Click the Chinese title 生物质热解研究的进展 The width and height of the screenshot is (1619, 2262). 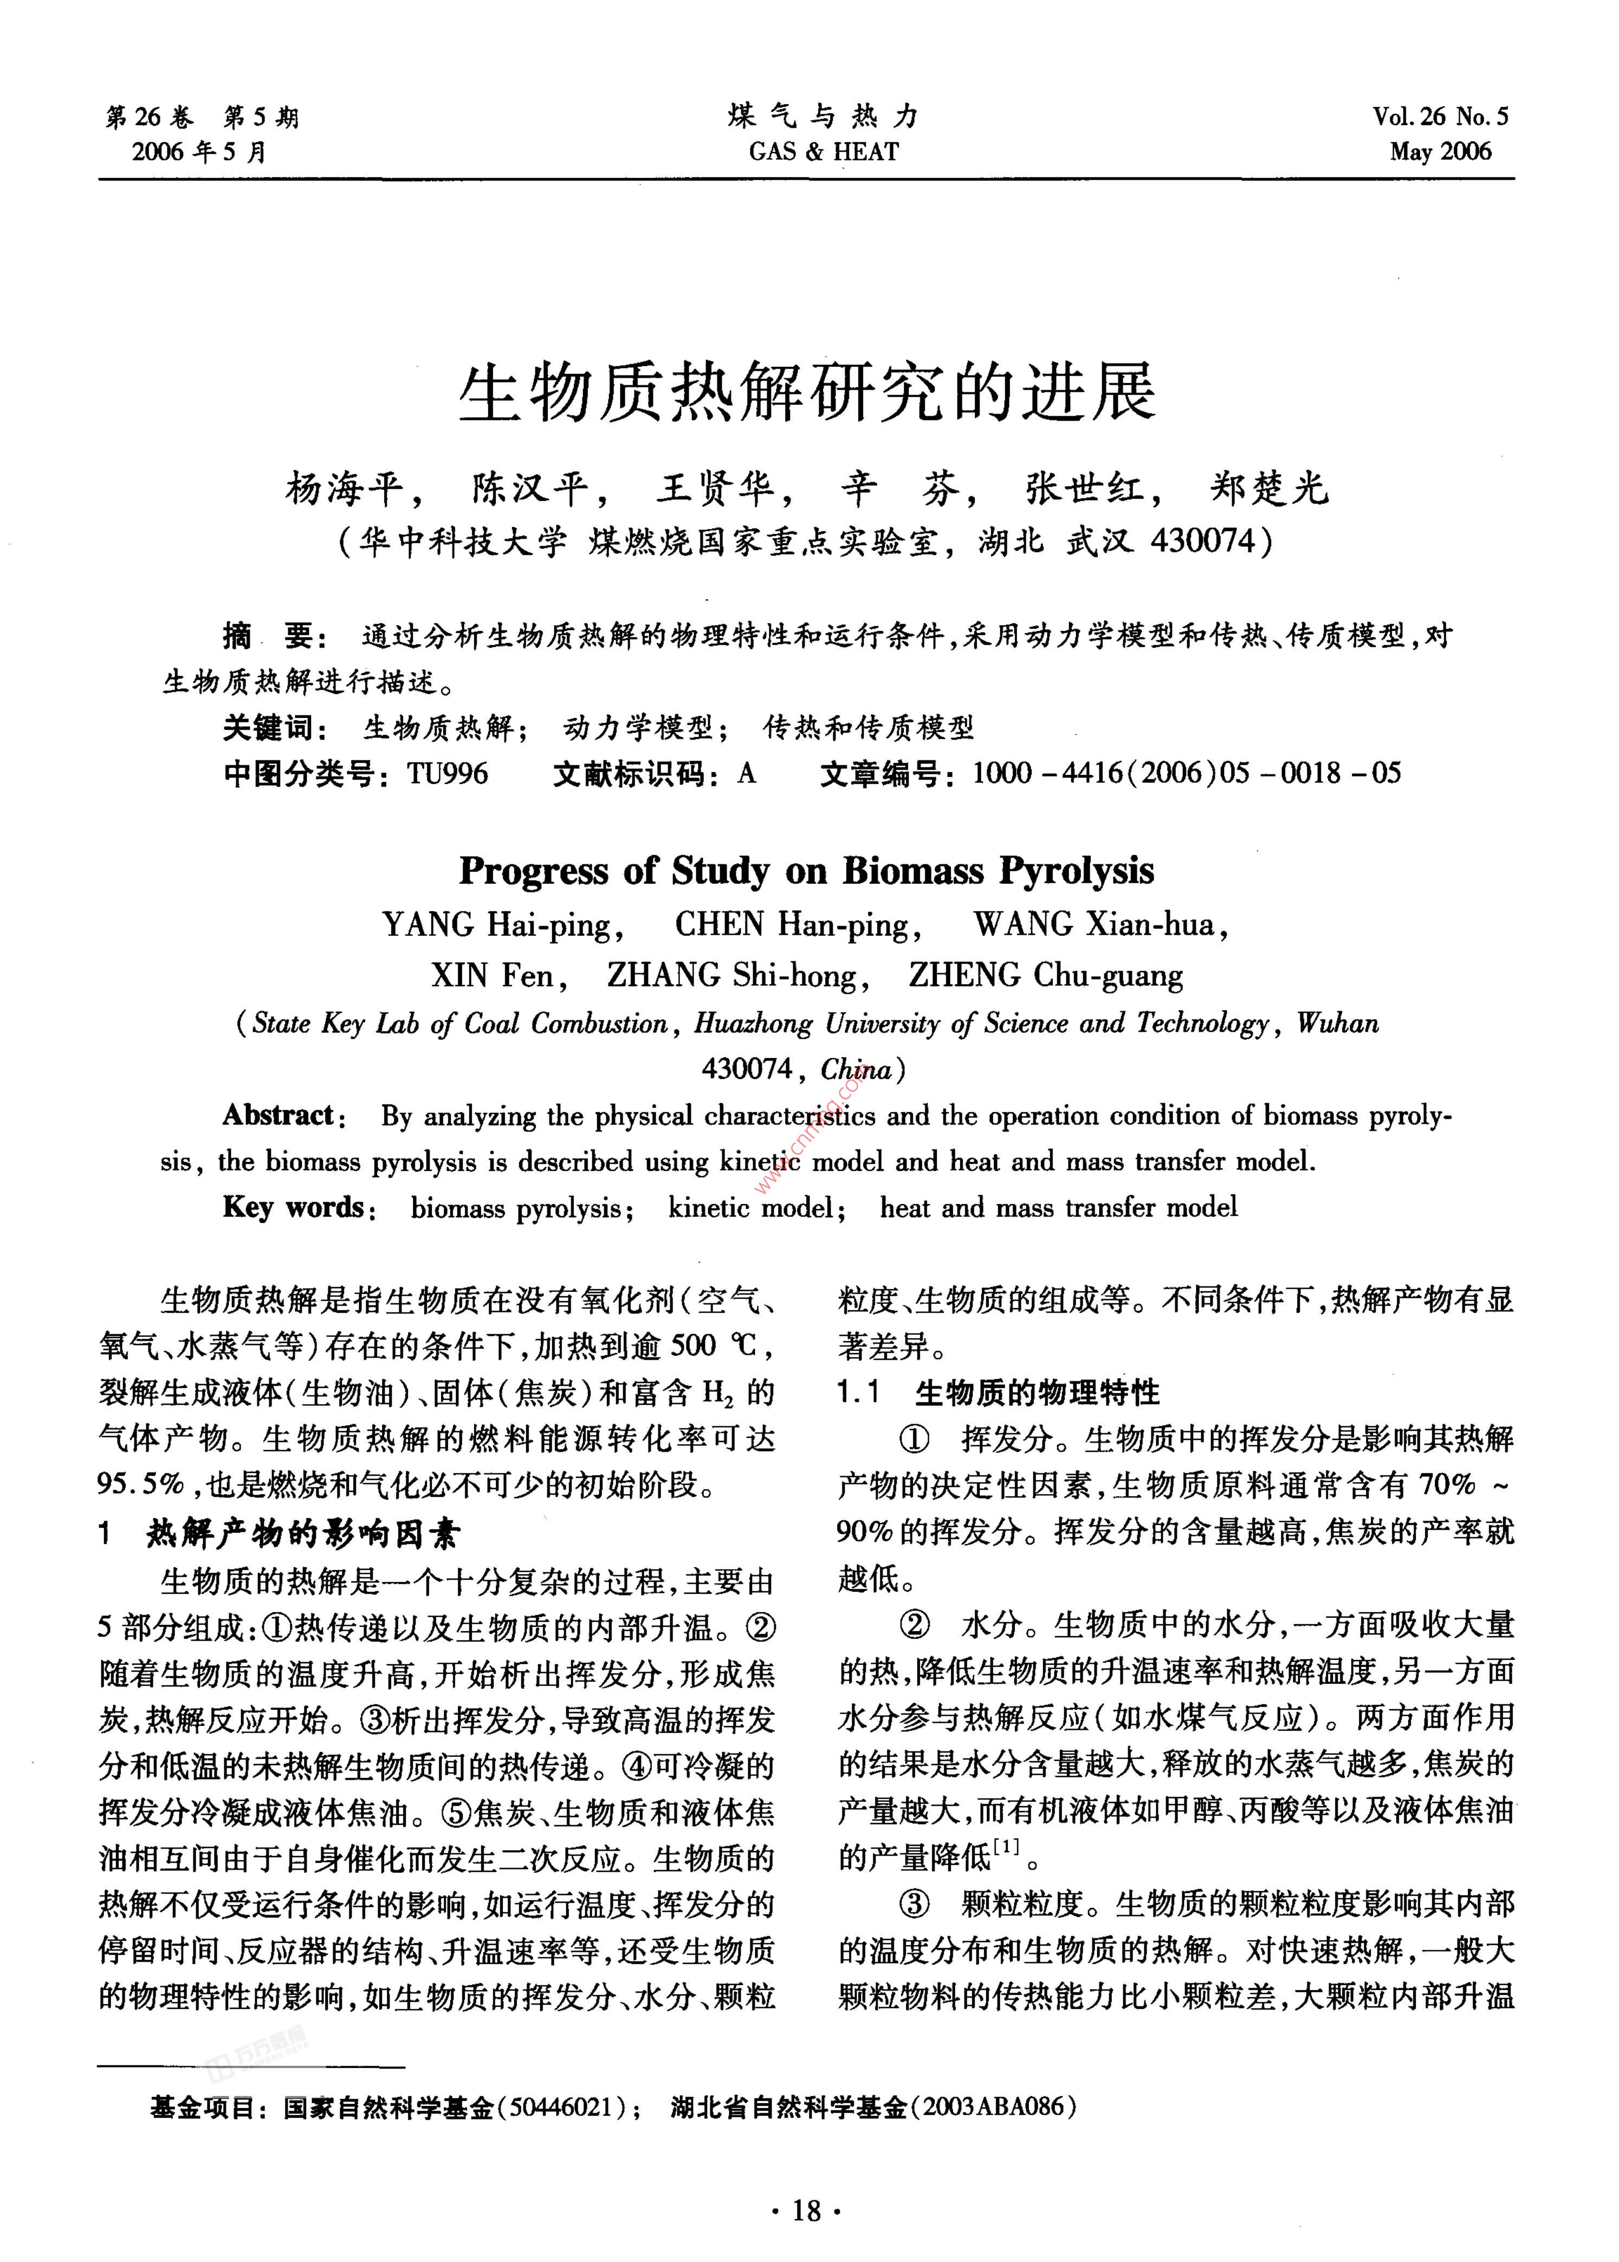click(807, 392)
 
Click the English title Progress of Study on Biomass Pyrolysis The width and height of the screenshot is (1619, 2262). click(806, 870)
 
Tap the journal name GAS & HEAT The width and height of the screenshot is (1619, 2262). click(824, 152)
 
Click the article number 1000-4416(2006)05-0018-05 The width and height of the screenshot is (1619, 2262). click(1186, 774)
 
